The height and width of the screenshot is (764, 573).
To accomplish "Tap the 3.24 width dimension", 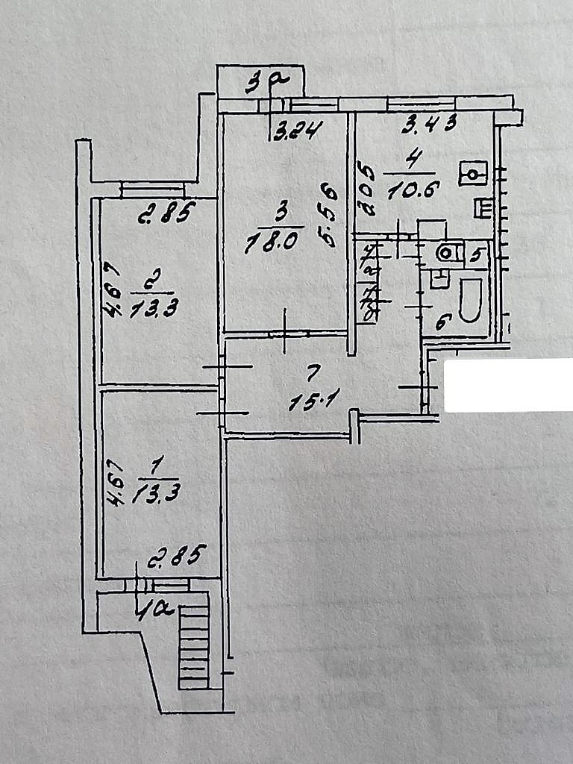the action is tap(297, 133).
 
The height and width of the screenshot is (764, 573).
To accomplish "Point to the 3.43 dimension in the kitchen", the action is tap(428, 125).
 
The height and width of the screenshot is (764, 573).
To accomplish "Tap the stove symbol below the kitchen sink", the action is tap(483, 207).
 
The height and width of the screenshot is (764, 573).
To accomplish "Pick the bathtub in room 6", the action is tap(469, 299).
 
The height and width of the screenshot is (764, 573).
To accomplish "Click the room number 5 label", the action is tap(476, 254).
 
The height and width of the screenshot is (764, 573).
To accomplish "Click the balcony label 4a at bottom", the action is tap(154, 610).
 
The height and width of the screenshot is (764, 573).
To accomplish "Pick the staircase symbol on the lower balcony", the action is tap(193, 646).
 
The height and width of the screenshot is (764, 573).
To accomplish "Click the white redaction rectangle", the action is tap(508, 385).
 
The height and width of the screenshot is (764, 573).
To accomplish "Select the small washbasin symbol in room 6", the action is tap(438, 279).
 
